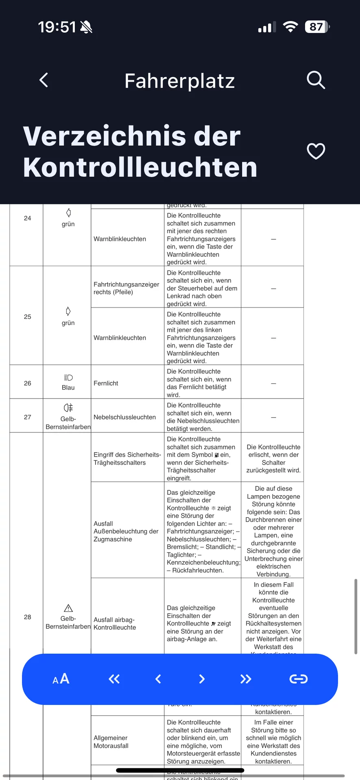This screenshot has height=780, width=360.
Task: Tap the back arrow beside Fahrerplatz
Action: tap(44, 80)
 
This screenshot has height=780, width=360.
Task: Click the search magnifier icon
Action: tap(316, 80)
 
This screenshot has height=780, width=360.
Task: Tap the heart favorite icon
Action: tap(316, 151)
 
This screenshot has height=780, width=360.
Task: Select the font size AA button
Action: tap(61, 679)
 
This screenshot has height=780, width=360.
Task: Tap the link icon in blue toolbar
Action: tap(298, 679)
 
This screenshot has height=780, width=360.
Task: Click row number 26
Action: tap(28, 383)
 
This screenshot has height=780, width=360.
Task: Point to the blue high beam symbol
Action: tap(68, 378)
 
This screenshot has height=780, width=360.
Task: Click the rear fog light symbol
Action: tap(68, 408)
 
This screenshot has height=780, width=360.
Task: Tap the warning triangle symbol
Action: tap(68, 608)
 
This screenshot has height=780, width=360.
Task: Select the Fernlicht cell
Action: tap(106, 383)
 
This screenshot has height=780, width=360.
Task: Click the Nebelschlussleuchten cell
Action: tap(125, 417)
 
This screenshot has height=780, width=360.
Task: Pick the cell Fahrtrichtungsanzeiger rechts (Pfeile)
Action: tap(126, 288)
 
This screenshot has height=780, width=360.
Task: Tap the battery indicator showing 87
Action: tap(317, 27)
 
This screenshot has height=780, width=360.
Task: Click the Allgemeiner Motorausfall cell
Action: tap(111, 742)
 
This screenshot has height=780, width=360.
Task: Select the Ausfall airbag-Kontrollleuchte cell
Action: tap(115, 624)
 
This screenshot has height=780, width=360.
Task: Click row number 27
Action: tap(28, 417)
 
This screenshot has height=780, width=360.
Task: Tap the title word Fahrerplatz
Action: tap(180, 81)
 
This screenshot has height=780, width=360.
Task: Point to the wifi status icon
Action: tap(290, 27)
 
